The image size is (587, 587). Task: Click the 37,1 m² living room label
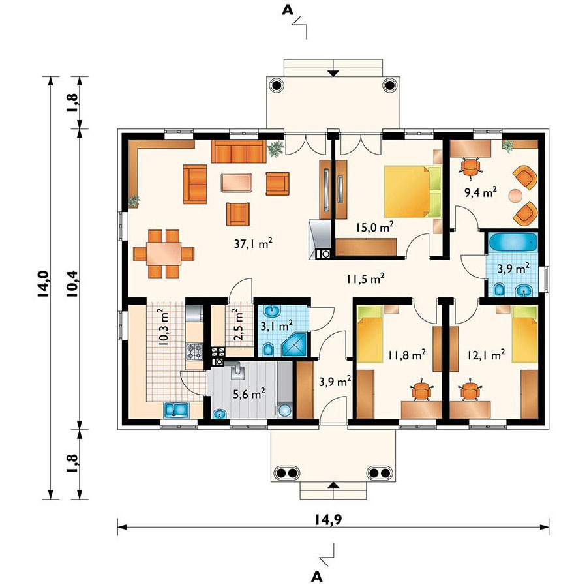tap(253, 244)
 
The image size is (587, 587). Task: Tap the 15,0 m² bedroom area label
tap(375, 227)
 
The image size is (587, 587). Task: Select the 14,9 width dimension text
tap(328, 520)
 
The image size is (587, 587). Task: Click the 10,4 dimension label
tap(73, 284)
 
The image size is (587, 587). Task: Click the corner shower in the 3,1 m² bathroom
tap(295, 344)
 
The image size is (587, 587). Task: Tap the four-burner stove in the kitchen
tap(194, 352)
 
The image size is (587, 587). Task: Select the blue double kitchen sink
tap(177, 410)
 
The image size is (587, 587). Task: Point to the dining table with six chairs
tap(164, 254)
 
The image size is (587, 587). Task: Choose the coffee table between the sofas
tap(236, 183)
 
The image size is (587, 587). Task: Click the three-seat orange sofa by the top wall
tap(239, 151)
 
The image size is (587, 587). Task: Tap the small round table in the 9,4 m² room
tap(515, 196)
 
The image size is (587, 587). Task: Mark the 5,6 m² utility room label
tap(249, 393)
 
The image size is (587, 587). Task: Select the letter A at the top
tap(288, 10)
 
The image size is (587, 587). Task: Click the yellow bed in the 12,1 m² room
tap(525, 334)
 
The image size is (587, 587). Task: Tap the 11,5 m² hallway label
tap(365, 278)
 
